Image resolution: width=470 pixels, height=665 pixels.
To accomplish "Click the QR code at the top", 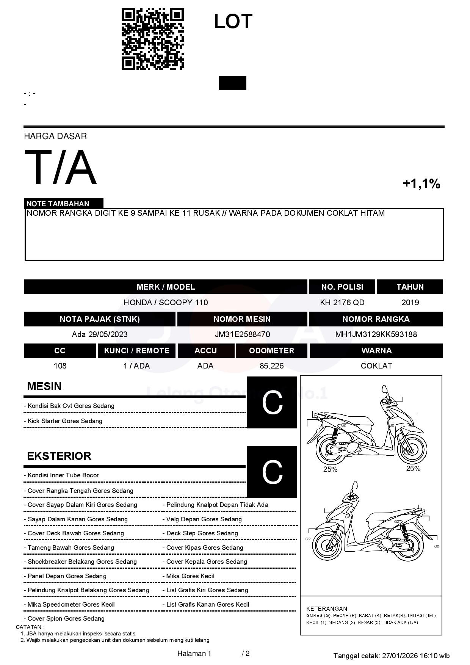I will [x=152, y=39].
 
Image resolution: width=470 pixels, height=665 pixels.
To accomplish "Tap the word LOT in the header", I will [x=233, y=22].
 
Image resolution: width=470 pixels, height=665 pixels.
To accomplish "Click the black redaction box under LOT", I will [x=232, y=83].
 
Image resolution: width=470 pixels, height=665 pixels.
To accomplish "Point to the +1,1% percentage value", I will [x=421, y=184].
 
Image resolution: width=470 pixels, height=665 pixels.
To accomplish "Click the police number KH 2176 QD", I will [x=342, y=303].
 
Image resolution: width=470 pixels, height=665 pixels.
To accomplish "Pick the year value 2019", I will [x=410, y=303].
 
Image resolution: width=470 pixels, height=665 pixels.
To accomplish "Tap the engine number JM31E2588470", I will [x=242, y=334].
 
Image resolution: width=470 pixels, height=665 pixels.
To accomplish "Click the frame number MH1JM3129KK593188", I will [x=376, y=334].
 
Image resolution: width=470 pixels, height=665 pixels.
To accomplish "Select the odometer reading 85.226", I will [x=271, y=366].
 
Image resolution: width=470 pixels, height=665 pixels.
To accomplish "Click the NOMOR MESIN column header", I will [x=242, y=319].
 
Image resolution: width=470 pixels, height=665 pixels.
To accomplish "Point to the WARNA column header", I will [x=376, y=351].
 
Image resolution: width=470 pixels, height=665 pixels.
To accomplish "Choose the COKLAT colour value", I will [x=376, y=366].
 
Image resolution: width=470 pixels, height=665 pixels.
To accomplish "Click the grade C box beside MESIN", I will [x=272, y=403].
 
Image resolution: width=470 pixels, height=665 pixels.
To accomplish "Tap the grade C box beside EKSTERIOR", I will [x=272, y=472].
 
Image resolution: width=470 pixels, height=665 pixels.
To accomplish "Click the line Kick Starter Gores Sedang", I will [x=64, y=421].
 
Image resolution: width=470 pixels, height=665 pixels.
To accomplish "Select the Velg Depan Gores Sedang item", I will [x=204, y=519].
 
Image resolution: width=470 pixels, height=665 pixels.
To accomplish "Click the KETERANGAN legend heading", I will [x=326, y=609].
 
